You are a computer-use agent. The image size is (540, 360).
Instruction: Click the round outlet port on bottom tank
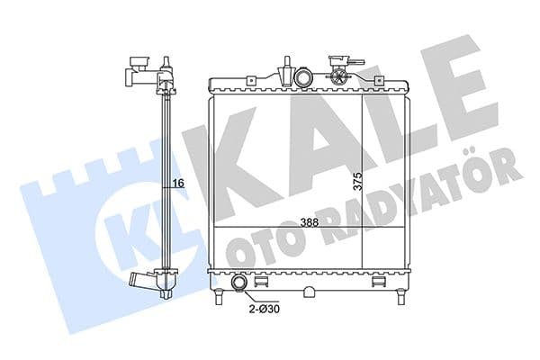240,285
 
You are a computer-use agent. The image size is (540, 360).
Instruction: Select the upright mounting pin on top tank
285,73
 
